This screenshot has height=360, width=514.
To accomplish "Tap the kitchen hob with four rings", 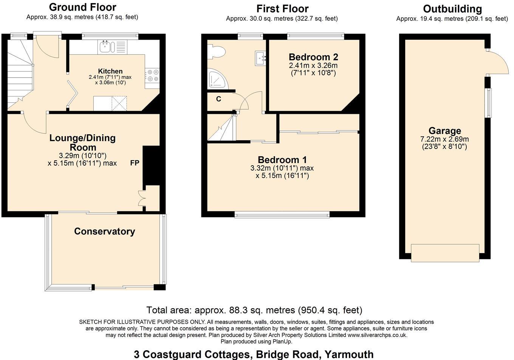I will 153,75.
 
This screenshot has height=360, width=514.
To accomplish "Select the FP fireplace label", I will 135,163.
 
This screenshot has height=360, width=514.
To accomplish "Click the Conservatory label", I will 104,231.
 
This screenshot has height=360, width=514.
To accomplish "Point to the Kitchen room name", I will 110,71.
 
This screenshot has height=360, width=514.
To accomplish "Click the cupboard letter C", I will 218,99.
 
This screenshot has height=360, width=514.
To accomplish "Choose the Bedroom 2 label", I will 313,57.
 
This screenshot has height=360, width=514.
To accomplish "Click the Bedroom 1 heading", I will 282,160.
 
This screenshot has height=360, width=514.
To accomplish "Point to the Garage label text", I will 444,131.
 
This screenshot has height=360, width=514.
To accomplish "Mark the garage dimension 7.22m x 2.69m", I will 444,139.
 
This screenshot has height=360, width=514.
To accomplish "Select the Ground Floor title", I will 82,7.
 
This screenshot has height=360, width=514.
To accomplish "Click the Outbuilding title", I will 452,9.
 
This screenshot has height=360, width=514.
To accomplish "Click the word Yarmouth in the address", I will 349,354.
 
